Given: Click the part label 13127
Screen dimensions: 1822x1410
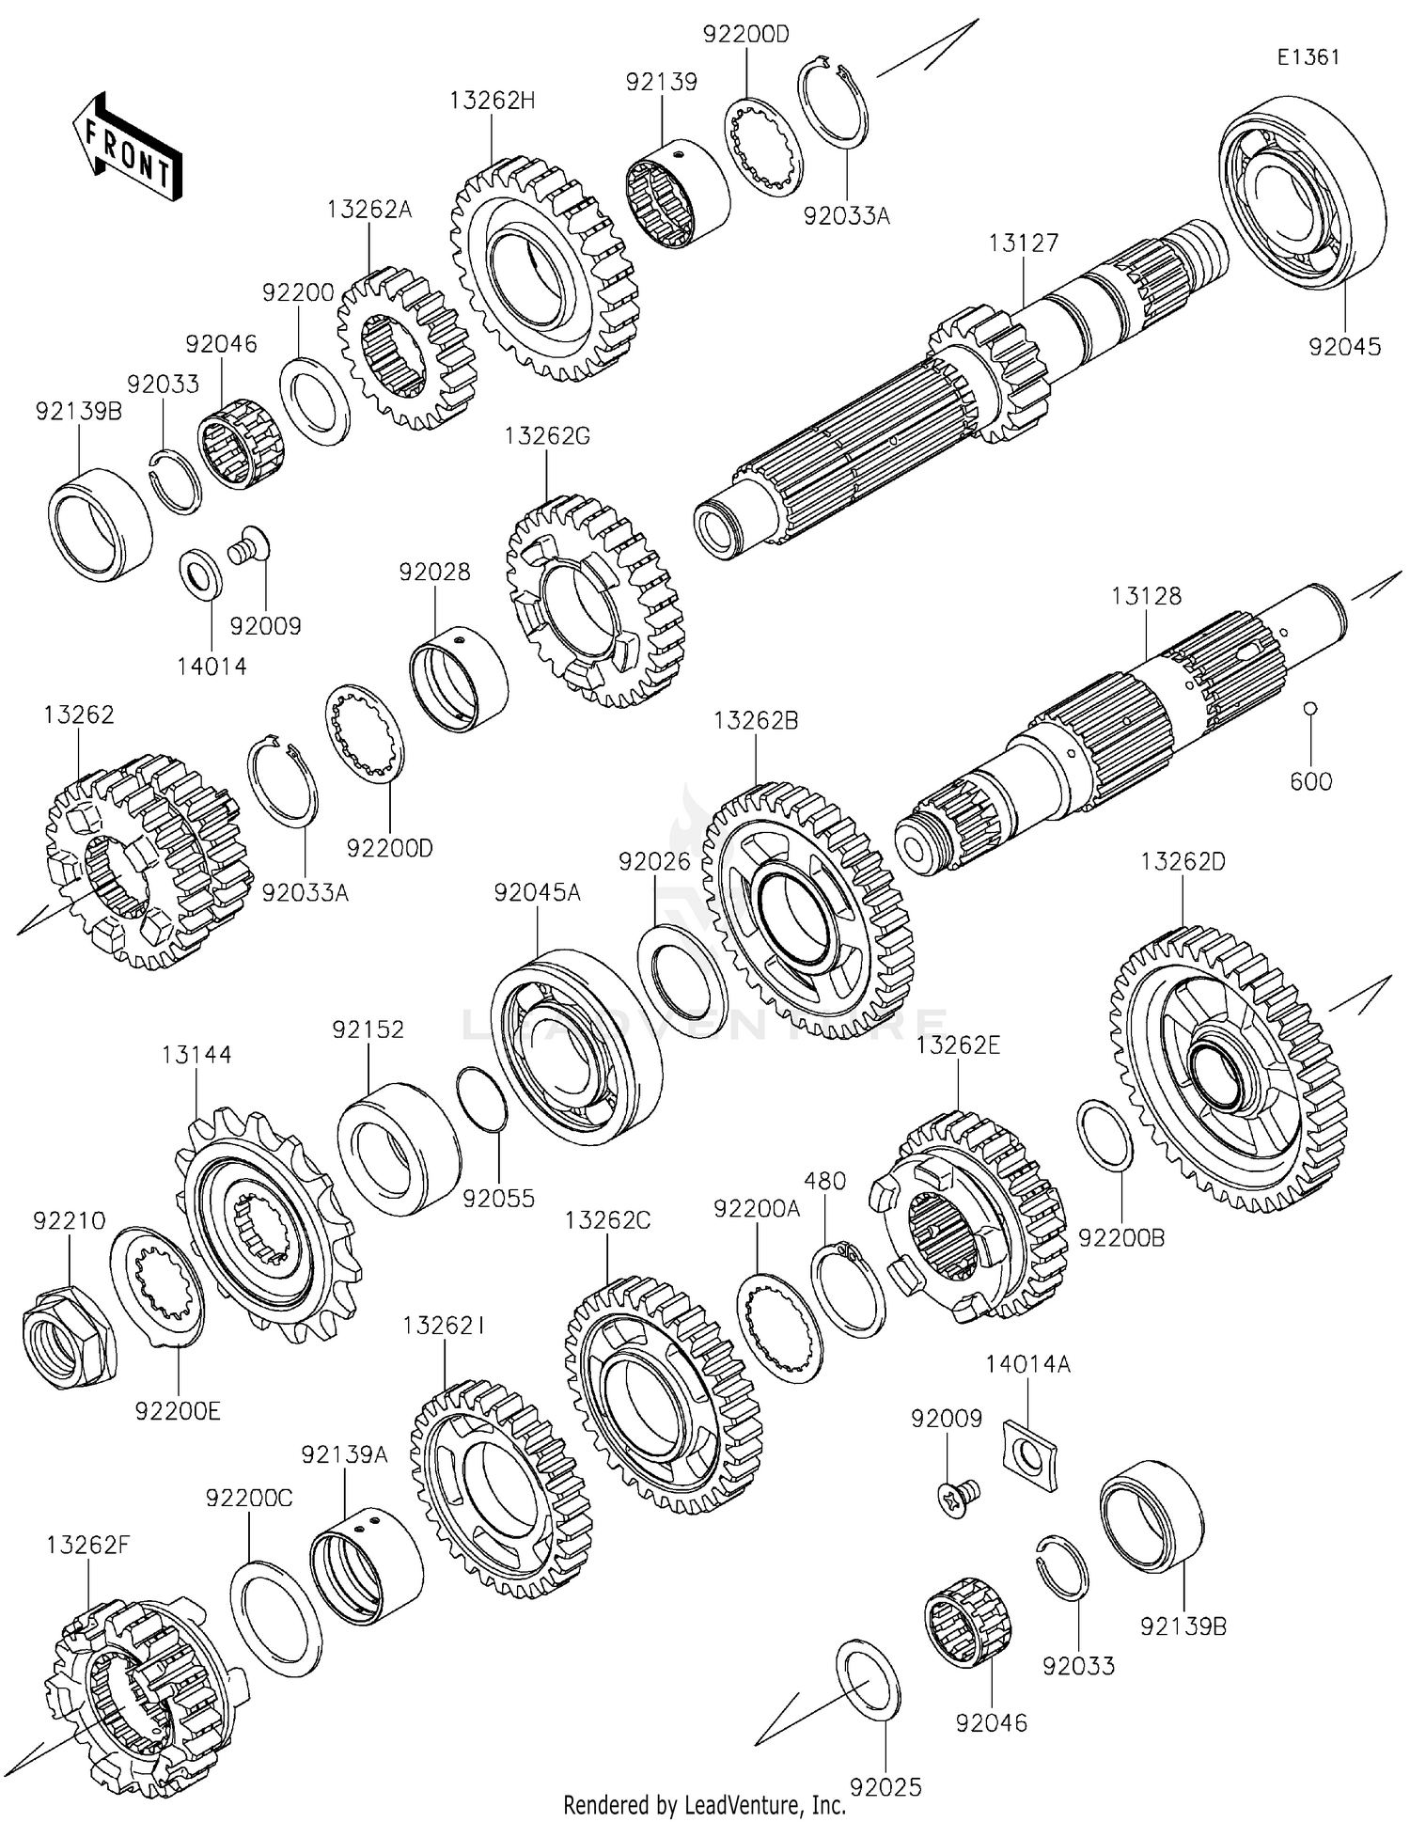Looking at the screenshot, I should point(1023,243).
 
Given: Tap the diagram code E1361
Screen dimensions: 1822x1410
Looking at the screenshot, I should point(1308,56).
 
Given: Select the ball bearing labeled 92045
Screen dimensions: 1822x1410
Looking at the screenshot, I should point(1302,192).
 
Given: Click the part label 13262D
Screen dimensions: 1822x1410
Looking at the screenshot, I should point(1183,861).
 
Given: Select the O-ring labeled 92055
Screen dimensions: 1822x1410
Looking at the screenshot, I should point(481,1099).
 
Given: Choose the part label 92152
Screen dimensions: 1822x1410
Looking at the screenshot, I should point(368,1029).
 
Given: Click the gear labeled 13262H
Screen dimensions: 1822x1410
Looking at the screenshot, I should point(538,269).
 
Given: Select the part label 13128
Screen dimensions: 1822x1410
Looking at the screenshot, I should point(1146,596).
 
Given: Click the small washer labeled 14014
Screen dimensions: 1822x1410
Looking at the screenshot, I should point(200,573).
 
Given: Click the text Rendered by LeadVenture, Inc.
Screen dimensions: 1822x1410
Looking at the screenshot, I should point(704,1804).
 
